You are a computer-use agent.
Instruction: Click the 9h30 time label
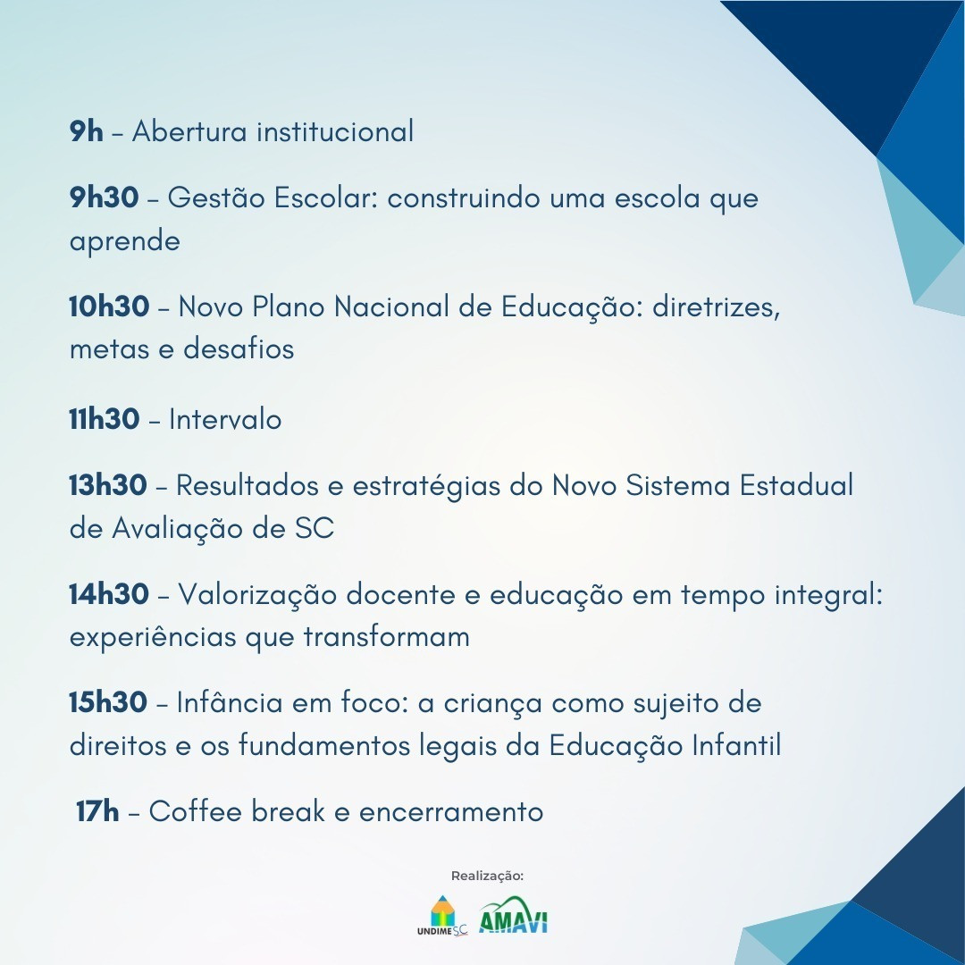coord(104,197)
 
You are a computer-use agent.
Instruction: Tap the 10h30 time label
coord(109,306)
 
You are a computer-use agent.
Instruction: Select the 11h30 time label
coord(104,419)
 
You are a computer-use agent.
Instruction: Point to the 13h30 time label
coord(108,485)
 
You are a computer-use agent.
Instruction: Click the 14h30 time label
coord(109,594)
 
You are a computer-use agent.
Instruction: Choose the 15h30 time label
coord(108,703)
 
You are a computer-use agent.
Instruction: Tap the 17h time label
coord(97,811)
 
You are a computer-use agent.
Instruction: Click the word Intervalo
coord(225,420)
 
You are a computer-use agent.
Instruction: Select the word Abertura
coord(189,131)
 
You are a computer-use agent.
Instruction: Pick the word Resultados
coord(248,485)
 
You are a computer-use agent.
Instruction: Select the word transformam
coord(387,636)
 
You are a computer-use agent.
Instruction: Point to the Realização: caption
coord(488,876)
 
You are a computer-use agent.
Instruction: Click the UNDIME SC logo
coord(442,916)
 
